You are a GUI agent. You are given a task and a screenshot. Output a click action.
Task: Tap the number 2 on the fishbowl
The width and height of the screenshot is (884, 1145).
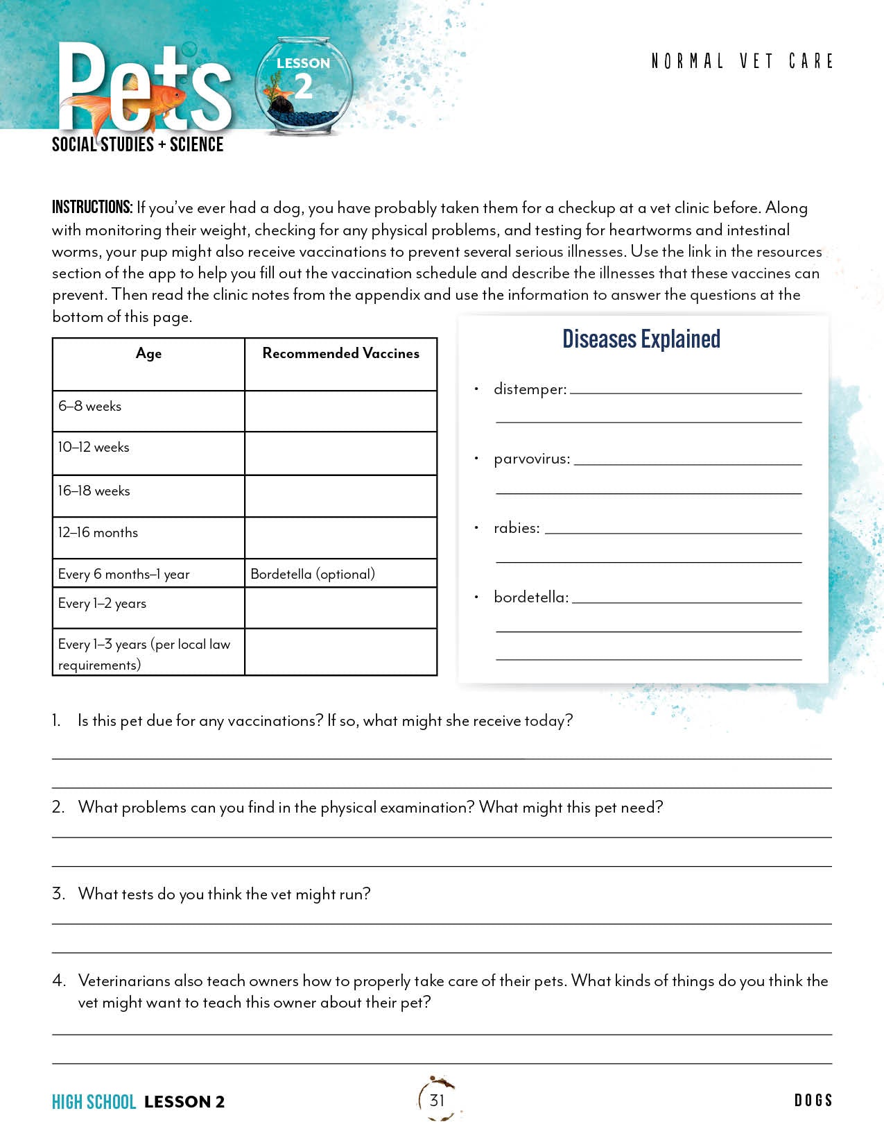(303, 87)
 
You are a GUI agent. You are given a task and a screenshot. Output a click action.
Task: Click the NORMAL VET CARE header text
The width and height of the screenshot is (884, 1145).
(742, 62)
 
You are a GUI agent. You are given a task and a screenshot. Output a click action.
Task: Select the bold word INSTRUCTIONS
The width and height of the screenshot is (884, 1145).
(92, 207)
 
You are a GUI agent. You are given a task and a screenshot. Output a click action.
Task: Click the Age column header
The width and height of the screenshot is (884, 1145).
(148, 353)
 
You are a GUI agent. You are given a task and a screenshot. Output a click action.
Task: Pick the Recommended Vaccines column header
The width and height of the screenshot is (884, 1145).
(340, 353)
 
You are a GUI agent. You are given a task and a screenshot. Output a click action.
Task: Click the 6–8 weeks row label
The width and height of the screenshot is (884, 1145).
(89, 406)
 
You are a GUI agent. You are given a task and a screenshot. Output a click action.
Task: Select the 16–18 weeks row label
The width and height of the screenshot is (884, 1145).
(94, 491)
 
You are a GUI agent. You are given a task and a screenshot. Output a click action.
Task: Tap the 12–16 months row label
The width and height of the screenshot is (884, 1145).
(98, 532)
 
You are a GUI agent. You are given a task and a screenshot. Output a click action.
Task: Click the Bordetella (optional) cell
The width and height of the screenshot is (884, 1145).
(313, 574)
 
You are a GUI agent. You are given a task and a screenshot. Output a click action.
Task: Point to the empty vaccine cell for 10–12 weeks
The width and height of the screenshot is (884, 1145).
(340, 453)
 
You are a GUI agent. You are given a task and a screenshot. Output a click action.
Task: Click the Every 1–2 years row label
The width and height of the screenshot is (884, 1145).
(102, 603)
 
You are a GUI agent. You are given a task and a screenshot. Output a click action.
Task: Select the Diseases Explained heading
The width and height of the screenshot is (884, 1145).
(641, 339)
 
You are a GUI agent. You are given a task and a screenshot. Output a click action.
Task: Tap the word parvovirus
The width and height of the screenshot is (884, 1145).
(532, 459)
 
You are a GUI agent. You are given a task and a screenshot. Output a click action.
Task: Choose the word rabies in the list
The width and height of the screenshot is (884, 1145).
(517, 528)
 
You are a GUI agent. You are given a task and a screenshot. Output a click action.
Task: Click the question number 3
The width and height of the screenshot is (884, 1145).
(58, 894)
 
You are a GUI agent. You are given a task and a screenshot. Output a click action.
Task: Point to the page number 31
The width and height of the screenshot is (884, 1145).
(437, 1100)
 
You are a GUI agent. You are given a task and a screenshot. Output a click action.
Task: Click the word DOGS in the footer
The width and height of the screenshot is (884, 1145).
(813, 1101)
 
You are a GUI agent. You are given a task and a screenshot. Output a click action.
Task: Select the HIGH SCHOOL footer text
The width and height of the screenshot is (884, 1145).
(94, 1102)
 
